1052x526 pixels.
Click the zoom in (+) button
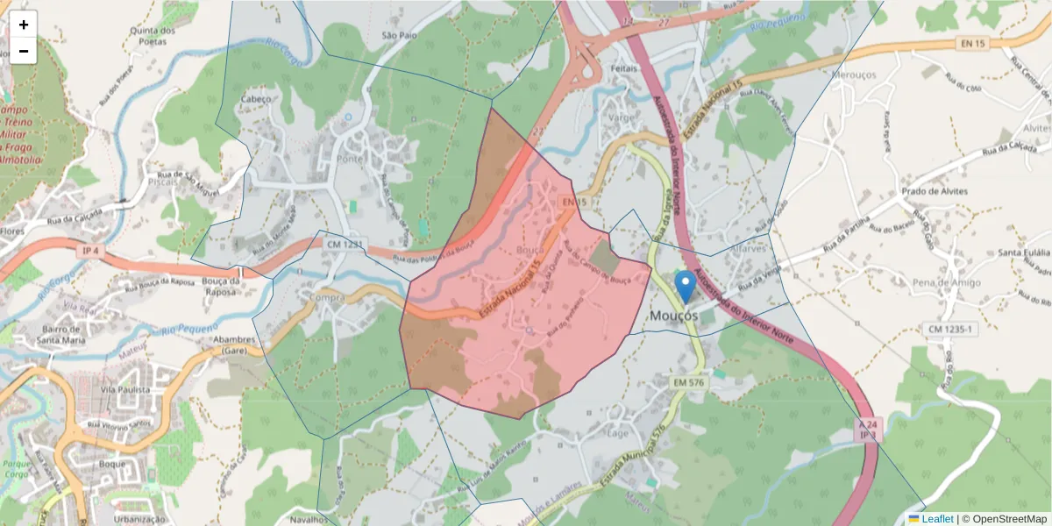(x=24, y=25)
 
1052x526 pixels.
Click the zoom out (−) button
(x=24, y=51)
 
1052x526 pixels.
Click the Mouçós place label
(x=674, y=315)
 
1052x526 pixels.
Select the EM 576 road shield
(x=690, y=382)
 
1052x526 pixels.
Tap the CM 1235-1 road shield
(x=950, y=329)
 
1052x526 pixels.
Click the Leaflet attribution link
(x=936, y=519)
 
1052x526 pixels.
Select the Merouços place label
(x=853, y=75)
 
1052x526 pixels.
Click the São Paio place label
(x=399, y=36)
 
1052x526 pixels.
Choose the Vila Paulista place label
(x=125, y=389)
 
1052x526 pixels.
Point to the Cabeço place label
(x=256, y=99)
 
